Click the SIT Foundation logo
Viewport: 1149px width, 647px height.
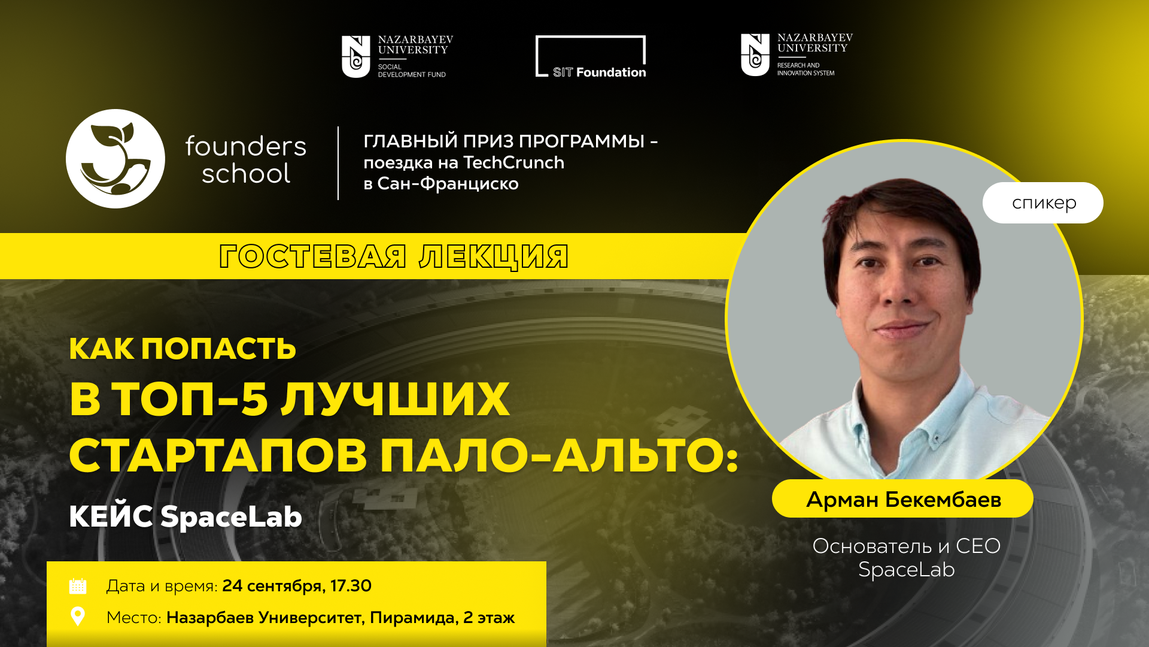591,57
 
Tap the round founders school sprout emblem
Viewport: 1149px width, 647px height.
115,159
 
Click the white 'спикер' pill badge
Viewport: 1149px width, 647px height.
1043,202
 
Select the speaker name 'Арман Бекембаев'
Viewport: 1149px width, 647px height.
904,499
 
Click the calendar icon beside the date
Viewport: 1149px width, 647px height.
78,586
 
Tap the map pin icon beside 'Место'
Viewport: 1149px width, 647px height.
78,616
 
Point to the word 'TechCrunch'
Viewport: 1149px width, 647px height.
514,162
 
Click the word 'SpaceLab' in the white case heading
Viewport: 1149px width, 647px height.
231,516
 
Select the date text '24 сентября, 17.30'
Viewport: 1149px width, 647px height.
297,586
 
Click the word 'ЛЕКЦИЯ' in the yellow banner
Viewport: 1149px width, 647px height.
494,257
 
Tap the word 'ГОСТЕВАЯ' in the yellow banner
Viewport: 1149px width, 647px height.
313,256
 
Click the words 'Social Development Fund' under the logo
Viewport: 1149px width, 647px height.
412,71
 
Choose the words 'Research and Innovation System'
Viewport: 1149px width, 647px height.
805,69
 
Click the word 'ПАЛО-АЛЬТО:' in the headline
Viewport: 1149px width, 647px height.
560,455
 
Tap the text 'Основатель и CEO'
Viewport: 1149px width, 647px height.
906,546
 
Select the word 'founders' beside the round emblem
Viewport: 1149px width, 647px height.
246,146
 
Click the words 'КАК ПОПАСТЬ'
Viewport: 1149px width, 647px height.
183,349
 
